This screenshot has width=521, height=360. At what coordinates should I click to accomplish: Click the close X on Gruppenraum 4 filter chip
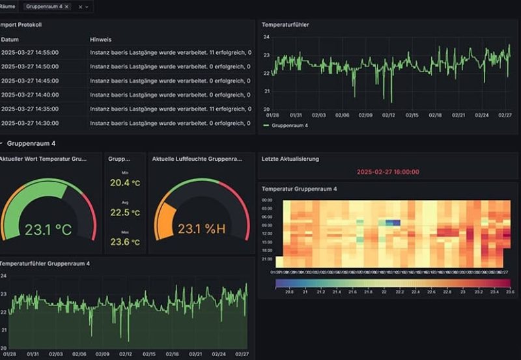point(66,6)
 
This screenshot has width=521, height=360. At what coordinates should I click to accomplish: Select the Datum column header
point(10,40)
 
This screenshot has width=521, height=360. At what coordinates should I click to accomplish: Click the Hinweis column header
point(100,40)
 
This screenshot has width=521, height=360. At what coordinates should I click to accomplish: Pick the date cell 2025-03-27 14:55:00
point(30,53)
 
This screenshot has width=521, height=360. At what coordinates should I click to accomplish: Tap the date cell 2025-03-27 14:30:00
point(30,123)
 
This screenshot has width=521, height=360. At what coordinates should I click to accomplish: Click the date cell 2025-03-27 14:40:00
point(30,95)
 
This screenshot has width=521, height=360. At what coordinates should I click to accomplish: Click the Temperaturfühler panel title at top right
point(285,25)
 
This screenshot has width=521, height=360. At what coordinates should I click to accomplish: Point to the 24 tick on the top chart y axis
point(266,37)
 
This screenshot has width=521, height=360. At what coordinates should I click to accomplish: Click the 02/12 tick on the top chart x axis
point(388,115)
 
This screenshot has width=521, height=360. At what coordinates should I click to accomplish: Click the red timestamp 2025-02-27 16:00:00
point(387,172)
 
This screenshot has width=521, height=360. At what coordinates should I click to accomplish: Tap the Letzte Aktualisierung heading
point(290,159)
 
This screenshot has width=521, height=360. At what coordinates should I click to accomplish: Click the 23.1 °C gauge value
point(48,230)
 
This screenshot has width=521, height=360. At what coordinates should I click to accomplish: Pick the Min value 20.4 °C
point(125,183)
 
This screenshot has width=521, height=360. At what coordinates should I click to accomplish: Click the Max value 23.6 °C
point(125,242)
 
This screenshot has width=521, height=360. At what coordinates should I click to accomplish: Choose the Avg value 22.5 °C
point(125,212)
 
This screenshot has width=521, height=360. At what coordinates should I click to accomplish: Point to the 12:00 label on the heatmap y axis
point(267,234)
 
